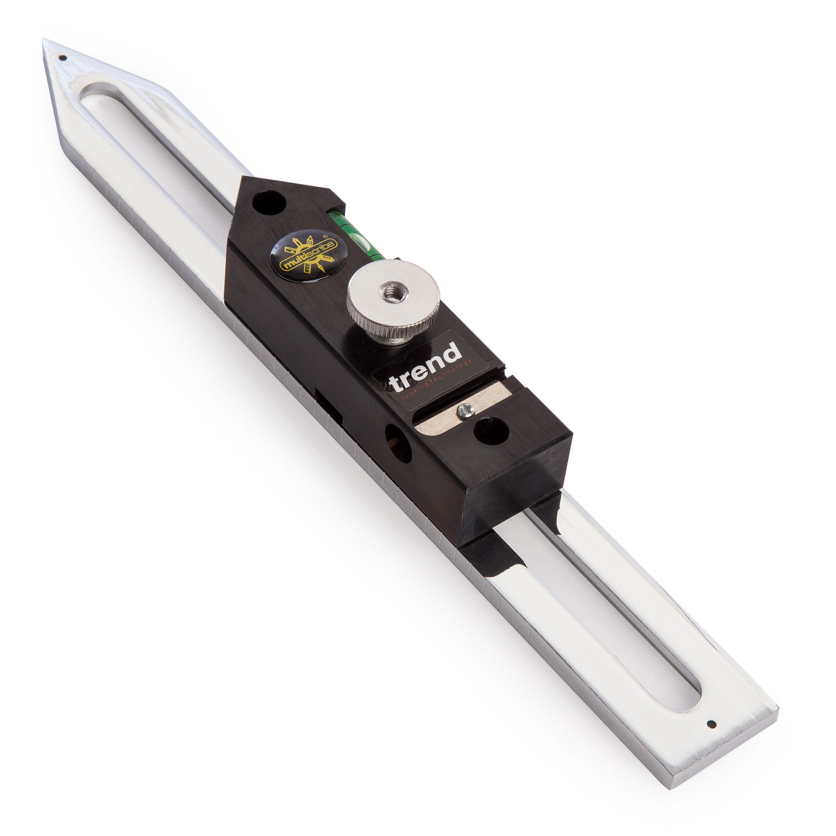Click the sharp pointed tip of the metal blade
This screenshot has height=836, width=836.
45,42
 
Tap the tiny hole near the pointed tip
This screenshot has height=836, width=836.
63,57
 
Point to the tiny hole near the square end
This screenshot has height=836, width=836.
711,724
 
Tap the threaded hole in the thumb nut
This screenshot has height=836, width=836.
393,293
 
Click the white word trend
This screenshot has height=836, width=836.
425,368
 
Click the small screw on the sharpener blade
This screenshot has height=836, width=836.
465,410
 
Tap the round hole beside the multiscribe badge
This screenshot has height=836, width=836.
269,203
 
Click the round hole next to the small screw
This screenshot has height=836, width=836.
491,430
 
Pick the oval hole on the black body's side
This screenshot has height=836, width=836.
398,443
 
